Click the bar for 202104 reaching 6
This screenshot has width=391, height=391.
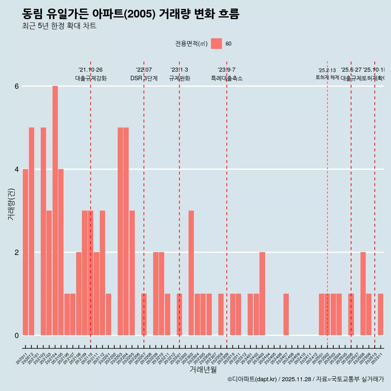click(55, 211)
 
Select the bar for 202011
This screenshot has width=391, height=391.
click(25, 252)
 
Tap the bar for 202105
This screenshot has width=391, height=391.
click(61, 252)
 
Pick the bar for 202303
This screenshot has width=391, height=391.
click(191, 273)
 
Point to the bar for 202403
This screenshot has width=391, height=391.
click(262, 294)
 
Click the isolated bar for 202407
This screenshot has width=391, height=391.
click(286, 314)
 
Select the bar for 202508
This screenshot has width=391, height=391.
click(363, 294)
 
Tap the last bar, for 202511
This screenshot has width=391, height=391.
click(380, 314)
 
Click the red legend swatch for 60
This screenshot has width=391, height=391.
click(216, 44)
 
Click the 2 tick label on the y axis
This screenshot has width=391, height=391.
click(17, 253)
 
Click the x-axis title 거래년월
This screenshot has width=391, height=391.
click(203, 369)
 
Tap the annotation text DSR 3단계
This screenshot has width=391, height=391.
click(144, 79)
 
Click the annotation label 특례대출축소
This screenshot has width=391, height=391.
click(226, 79)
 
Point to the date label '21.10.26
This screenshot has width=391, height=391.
click(90, 70)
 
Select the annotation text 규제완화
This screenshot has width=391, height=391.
click(179, 79)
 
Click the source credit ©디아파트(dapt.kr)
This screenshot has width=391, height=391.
click(252, 379)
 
